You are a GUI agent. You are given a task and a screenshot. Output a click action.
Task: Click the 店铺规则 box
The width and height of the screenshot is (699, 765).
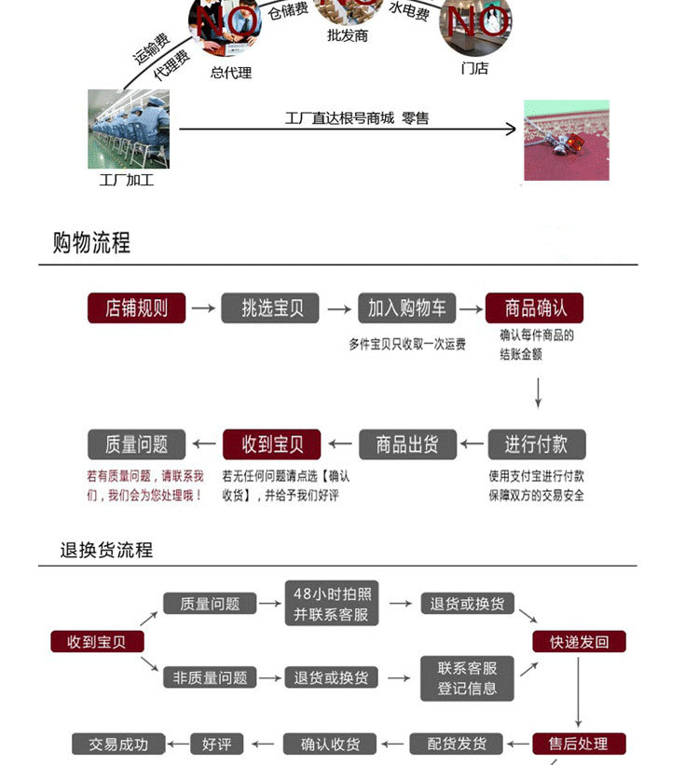click(x=137, y=308)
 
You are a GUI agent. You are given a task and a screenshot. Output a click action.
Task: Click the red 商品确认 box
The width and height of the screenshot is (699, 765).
click(x=533, y=308)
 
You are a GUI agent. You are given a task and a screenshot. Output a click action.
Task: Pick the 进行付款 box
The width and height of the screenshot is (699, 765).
click(x=537, y=444)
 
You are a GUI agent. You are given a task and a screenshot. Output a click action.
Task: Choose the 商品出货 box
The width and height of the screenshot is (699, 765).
click(x=406, y=444)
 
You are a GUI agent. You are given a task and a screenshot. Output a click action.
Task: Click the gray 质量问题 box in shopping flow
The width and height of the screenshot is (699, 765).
click(x=136, y=444)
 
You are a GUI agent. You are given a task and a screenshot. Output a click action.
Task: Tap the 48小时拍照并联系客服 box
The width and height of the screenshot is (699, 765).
click(x=331, y=604)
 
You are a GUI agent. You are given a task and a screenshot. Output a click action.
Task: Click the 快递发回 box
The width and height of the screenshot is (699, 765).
click(x=579, y=641)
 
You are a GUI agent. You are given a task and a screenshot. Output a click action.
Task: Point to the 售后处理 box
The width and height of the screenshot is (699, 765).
click(x=579, y=744)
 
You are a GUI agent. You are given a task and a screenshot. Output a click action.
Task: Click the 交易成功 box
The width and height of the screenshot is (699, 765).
click(x=118, y=744)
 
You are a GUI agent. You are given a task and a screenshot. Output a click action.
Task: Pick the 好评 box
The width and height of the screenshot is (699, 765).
click(x=216, y=744)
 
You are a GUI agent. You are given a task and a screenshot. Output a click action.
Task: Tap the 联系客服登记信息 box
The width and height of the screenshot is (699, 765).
click(x=468, y=677)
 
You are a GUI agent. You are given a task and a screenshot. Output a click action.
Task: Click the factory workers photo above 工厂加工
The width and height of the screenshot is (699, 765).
click(x=128, y=129)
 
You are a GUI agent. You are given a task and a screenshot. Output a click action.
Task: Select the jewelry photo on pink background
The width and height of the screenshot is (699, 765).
click(x=566, y=140)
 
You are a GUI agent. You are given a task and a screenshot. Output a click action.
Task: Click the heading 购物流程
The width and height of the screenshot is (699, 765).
click(x=91, y=243)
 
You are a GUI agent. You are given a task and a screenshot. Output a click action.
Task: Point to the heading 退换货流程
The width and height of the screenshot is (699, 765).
click(x=106, y=550)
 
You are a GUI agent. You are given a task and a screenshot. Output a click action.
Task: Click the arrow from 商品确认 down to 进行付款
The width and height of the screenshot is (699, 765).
click(x=538, y=392)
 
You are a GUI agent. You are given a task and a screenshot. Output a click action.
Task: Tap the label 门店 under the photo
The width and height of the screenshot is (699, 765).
click(x=474, y=68)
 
